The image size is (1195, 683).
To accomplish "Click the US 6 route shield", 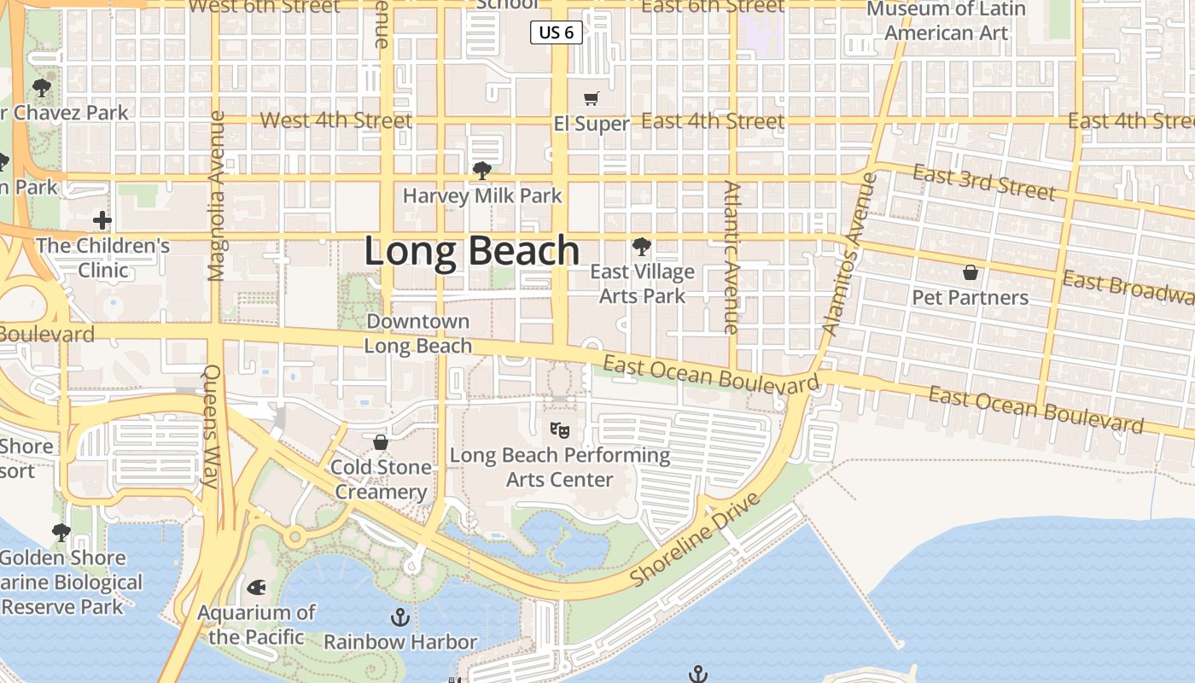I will coord(557,32).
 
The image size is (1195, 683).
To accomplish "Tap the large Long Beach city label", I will coord(472,252).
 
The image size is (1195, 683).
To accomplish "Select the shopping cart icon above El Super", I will coord(591,99).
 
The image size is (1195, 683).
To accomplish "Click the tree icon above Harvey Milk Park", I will coord(482,171).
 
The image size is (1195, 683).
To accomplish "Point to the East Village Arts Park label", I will coord(642,283).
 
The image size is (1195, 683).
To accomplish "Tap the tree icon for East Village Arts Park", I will coord(641,248).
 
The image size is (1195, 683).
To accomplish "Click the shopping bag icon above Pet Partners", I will coord(971,272).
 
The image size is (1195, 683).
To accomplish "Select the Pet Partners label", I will coord(971,297).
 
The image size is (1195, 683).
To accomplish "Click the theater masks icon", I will coord(560,429).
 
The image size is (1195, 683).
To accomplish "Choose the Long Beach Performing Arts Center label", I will coord(560,467).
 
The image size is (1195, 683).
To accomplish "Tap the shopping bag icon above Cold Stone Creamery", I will coord(381,442).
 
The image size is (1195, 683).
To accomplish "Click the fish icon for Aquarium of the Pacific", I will coord(256,587).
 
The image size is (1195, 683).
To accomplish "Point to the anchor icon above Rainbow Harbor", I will coord(400,616).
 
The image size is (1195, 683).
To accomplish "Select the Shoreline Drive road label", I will coord(695,540).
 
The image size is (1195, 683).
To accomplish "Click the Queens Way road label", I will coord(213,426).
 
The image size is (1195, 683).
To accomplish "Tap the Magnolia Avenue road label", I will coord(216,196).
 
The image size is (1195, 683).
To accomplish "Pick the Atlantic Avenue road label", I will coord(732,257).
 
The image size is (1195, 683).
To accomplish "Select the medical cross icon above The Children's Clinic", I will coord(102,221).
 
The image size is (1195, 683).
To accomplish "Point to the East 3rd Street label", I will coord(983,182).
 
